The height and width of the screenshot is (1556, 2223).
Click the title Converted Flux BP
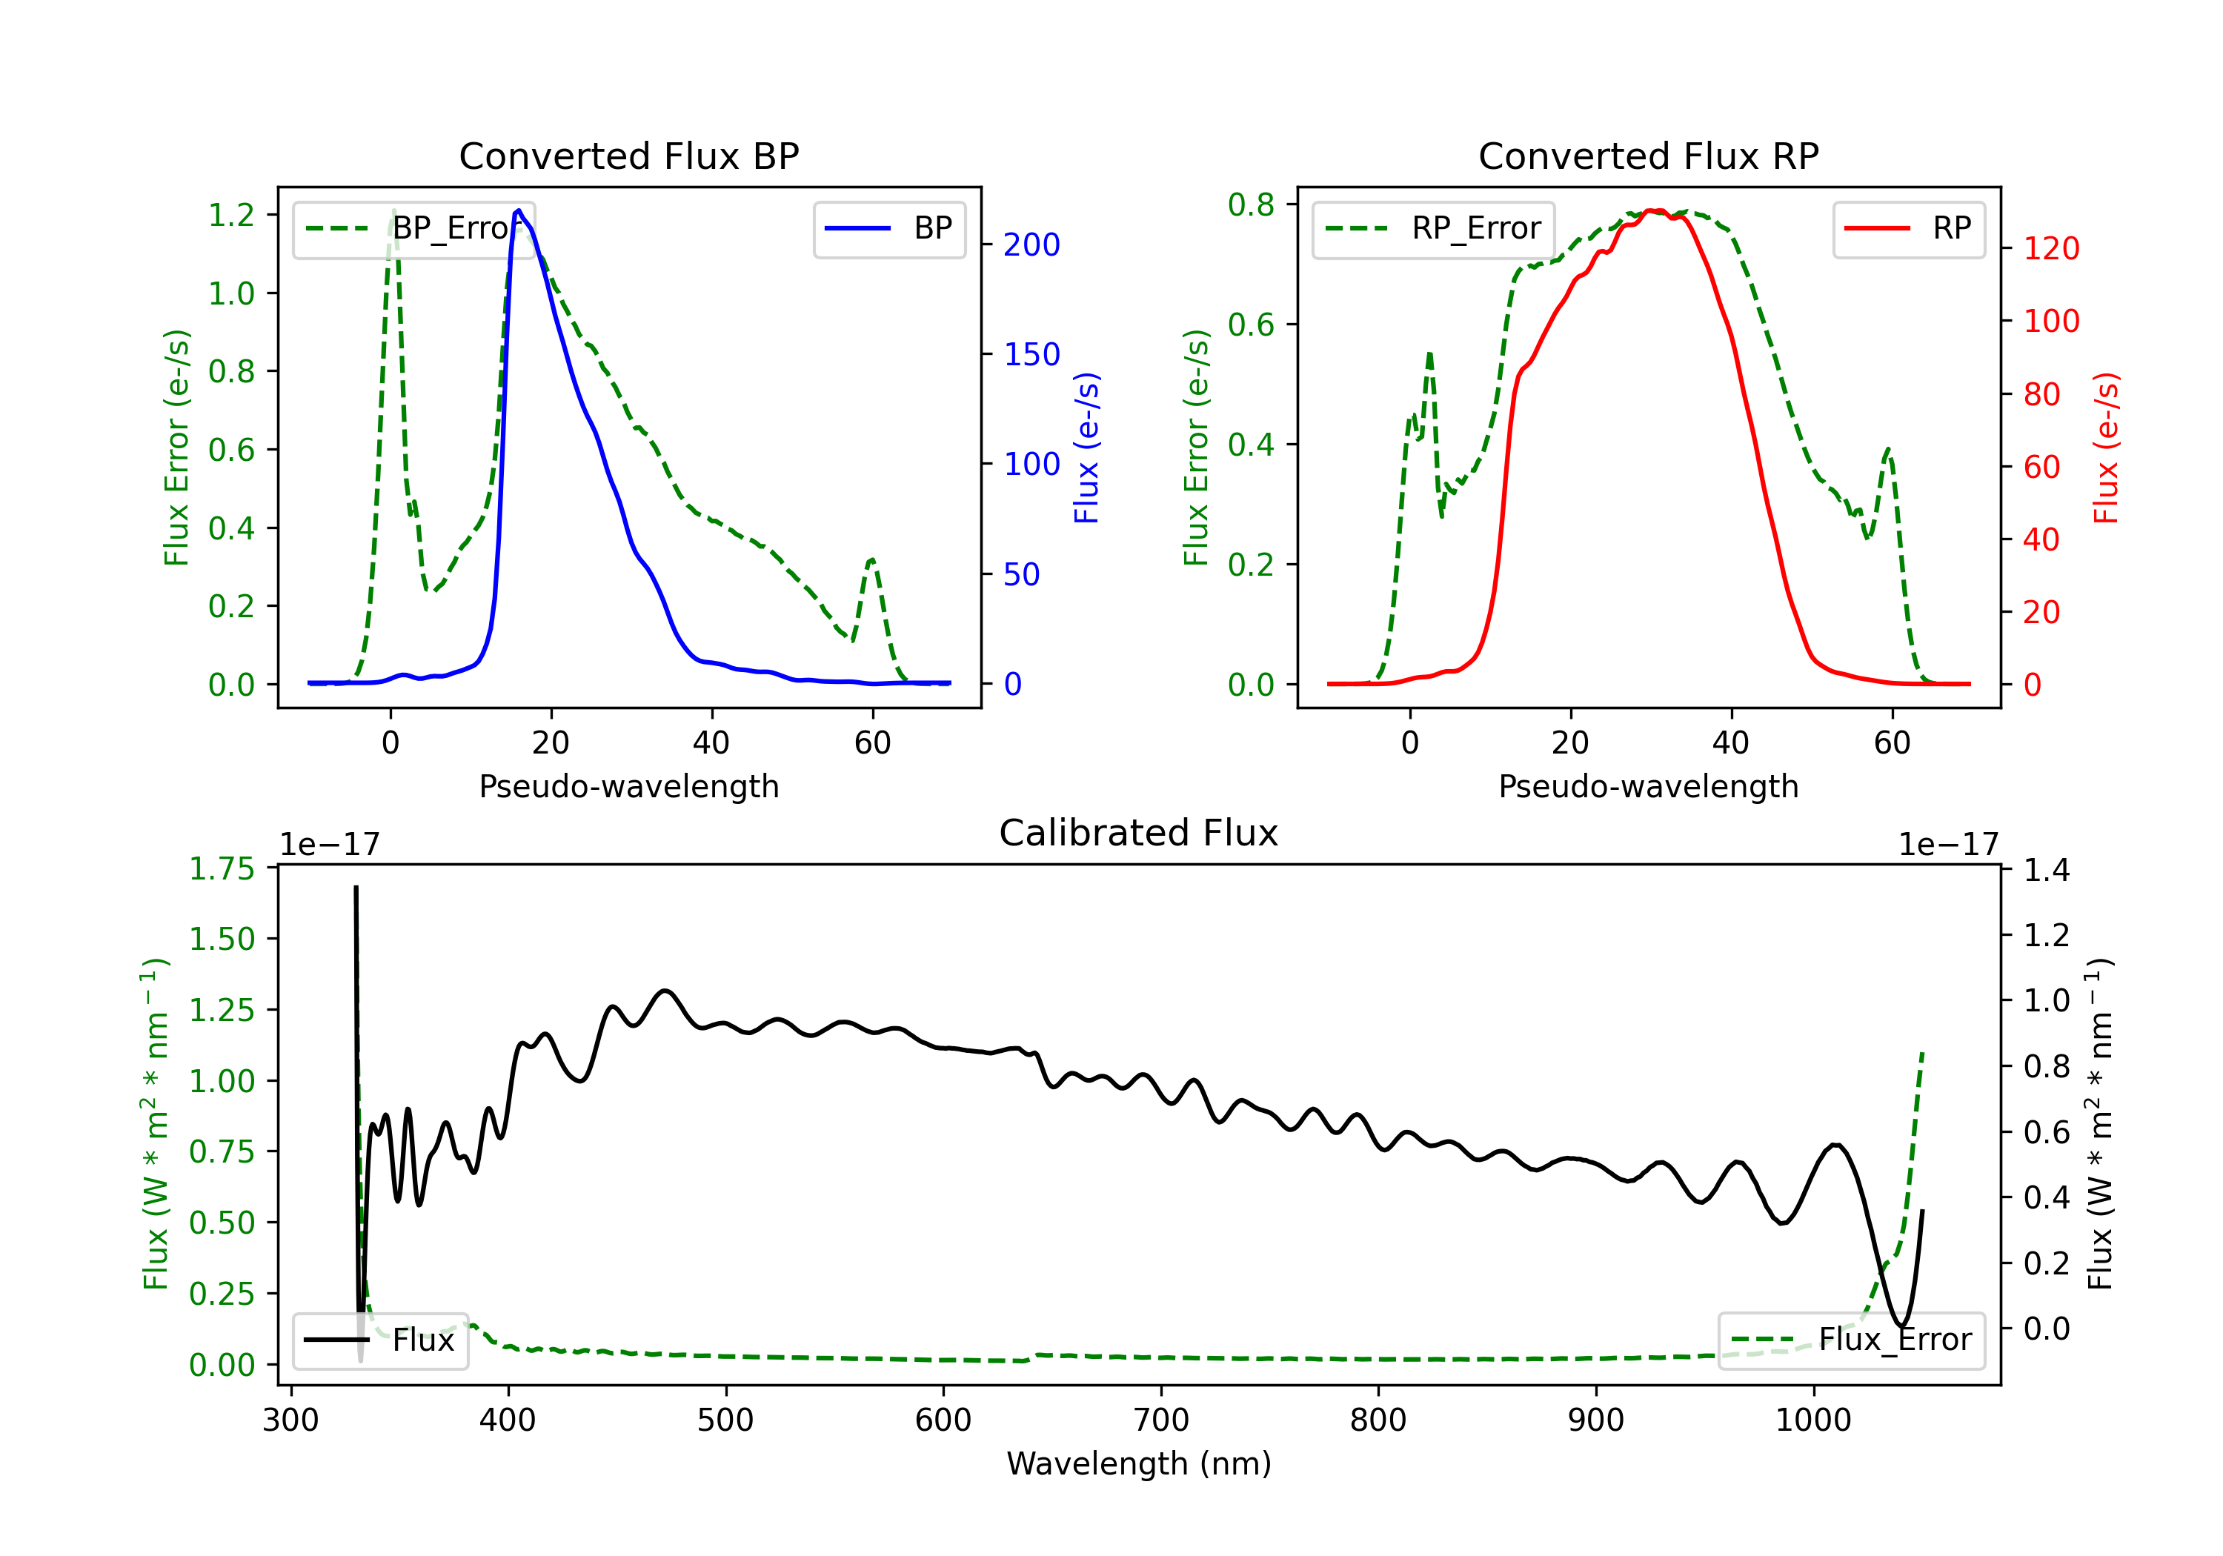click(628, 156)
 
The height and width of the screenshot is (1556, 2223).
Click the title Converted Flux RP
click(1648, 156)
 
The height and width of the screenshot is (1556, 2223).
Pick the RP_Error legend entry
click(1434, 228)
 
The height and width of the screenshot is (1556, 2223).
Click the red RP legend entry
click(1908, 228)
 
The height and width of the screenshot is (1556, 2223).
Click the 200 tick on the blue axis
click(1031, 245)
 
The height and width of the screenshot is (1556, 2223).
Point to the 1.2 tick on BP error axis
click(231, 215)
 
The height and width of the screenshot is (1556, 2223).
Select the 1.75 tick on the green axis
click(221, 868)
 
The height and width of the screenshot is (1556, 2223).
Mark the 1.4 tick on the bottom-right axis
click(2047, 871)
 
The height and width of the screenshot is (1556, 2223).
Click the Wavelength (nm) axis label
click(1139, 1463)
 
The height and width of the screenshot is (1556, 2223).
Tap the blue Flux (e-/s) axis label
click(1086, 448)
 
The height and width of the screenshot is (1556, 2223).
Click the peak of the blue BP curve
click(519, 210)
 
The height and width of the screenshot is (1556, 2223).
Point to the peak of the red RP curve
click(1655, 211)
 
